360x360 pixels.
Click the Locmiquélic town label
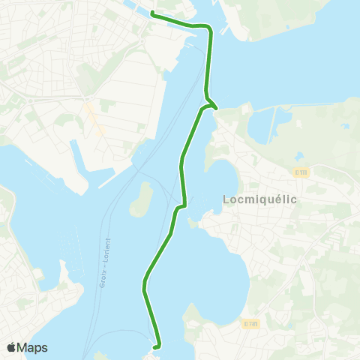[260, 199]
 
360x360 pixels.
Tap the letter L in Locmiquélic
[226, 199]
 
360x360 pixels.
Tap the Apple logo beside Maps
[11, 347]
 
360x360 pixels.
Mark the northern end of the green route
[152, 13]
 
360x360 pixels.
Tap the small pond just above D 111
[299, 157]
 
